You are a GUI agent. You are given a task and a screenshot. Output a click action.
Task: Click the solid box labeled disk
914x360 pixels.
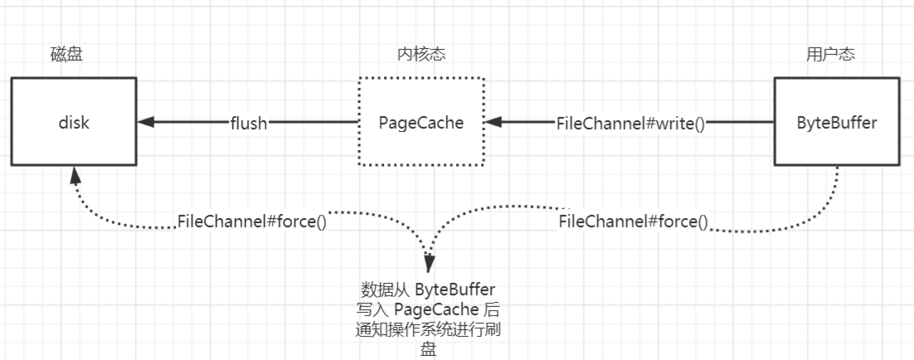tap(74, 121)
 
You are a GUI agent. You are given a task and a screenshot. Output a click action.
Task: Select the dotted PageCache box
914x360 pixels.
tap(421, 121)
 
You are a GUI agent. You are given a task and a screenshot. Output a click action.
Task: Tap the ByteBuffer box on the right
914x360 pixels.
tap(836, 121)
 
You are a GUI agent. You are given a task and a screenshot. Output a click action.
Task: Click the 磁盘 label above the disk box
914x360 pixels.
tap(66, 55)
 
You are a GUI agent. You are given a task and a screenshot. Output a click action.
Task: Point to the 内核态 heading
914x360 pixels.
tap(421, 55)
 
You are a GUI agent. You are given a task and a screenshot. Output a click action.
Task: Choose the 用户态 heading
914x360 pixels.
tap(830, 55)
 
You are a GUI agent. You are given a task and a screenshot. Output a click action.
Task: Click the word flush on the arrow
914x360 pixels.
tap(249, 123)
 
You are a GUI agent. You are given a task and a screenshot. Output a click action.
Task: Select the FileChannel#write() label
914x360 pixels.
tap(631, 123)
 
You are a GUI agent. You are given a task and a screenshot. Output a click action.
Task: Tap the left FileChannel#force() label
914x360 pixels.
tap(251, 222)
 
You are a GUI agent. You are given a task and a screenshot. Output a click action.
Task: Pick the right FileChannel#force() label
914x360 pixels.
tap(633, 221)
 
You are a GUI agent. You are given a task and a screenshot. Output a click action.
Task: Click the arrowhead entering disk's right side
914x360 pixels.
tap(146, 122)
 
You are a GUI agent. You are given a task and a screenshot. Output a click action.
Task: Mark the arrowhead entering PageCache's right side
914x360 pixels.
tap(493, 122)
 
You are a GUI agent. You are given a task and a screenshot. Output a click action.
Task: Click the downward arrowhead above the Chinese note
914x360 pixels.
tap(429, 265)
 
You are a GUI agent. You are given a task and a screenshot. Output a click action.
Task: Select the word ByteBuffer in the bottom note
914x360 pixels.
tap(455, 290)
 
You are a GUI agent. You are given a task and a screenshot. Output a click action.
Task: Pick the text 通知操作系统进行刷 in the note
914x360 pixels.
tap(428, 330)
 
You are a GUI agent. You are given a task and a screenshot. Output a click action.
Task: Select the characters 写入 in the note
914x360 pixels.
tap(372, 310)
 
